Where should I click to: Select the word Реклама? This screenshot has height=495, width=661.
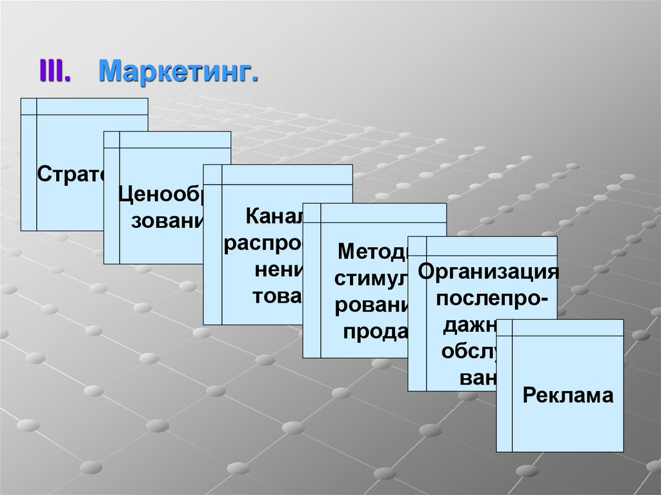[568, 395]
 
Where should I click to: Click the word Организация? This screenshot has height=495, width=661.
[488, 270]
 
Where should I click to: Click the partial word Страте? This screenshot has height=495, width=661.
[70, 174]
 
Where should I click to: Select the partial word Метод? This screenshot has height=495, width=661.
[372, 250]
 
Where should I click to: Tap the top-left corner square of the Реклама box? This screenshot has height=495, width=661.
[504, 327]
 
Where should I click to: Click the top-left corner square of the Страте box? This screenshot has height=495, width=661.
[28, 106]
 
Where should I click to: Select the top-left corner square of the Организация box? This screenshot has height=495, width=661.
[416, 245]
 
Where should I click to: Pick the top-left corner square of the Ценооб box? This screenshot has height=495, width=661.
[111, 139]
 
